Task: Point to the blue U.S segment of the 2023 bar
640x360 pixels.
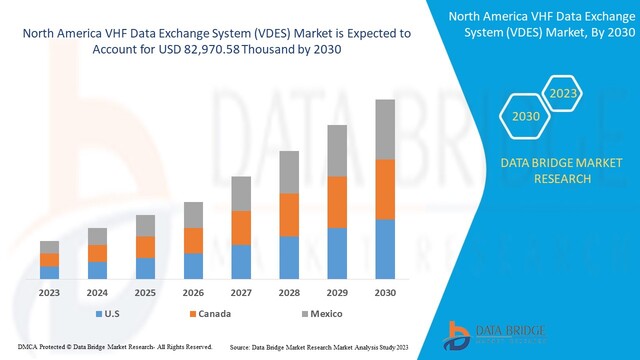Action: coord(49,272)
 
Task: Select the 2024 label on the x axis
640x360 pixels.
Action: coord(96,294)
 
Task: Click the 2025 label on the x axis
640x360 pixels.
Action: coord(146,294)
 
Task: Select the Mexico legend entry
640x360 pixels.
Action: coord(322,314)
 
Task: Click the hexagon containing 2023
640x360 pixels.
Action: coord(561,95)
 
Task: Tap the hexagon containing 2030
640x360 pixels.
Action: coord(525,117)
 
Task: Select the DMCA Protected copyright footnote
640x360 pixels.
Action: coord(108,347)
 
